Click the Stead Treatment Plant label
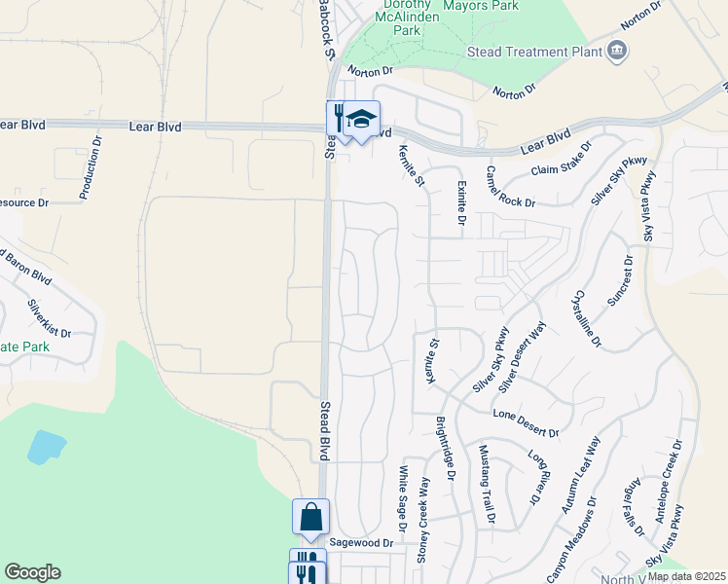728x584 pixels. click(530, 51)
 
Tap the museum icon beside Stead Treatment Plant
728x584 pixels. click(616, 51)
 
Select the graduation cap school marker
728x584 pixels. click(361, 119)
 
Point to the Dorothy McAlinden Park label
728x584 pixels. click(393, 18)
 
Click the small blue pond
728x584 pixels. click(46, 447)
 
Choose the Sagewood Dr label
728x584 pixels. click(361, 542)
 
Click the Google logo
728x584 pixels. click(32, 572)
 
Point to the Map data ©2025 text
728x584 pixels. click(686, 576)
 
